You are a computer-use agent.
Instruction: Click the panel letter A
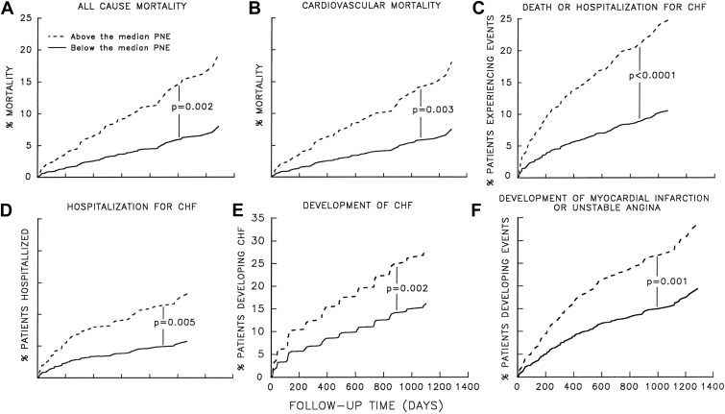(x=10, y=9)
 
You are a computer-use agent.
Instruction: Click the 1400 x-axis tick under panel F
(x=714, y=386)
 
